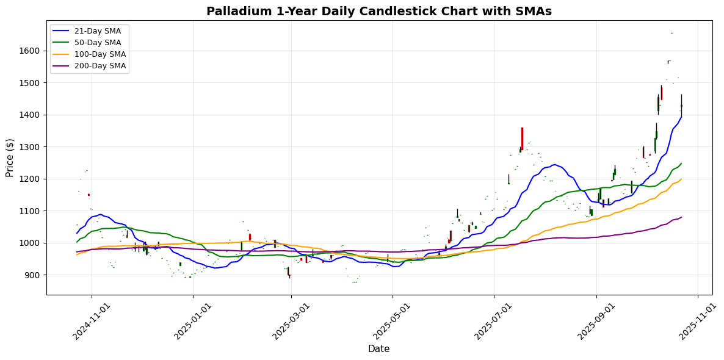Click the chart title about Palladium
[378, 11]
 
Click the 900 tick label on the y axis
[33, 275]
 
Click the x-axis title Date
[378, 349]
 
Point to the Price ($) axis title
[10, 158]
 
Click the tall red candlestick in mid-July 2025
[522, 139]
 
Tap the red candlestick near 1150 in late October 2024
[89, 195]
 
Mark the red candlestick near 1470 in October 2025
[662, 93]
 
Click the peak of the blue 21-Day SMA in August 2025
[554, 164]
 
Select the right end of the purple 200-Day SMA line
[681, 217]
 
